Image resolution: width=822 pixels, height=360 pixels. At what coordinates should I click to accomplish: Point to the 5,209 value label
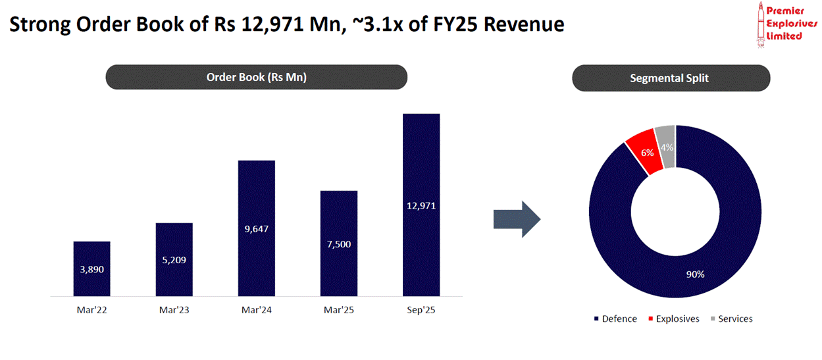click(174, 260)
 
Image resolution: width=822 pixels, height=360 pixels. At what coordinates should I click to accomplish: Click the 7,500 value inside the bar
click(338, 244)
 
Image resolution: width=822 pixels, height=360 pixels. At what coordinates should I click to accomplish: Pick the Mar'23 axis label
click(174, 311)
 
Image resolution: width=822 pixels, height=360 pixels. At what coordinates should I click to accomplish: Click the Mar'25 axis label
click(338, 311)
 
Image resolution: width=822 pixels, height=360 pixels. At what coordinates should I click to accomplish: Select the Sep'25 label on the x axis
click(421, 311)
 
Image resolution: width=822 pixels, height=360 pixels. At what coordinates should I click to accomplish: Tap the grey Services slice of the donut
click(667, 146)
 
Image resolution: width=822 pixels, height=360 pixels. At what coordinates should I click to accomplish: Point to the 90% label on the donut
click(696, 274)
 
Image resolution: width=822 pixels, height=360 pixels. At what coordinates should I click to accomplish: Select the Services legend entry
click(731, 319)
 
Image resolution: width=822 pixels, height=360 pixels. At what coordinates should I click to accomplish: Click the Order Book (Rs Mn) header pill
click(257, 77)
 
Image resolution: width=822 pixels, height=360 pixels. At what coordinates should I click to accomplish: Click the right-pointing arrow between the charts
click(517, 219)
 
